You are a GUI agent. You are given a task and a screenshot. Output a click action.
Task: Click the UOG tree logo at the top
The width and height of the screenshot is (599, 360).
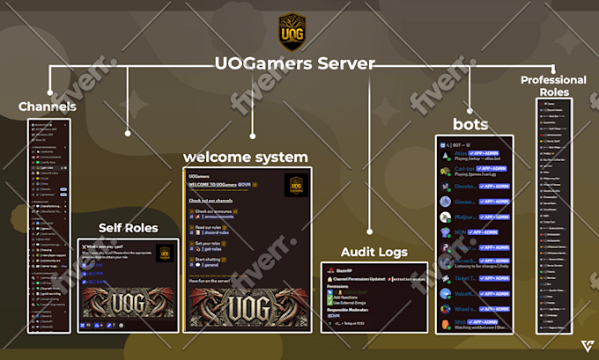click(x=292, y=32)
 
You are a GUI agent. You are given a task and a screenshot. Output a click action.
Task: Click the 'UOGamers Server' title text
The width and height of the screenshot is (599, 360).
click(x=294, y=64)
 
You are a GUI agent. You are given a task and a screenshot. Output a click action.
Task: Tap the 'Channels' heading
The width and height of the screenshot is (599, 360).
click(x=48, y=107)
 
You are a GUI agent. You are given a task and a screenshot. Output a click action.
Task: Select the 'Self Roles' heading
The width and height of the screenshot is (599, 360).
click(x=129, y=228)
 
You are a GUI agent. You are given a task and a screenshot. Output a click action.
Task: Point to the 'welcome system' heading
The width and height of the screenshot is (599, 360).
click(x=246, y=157)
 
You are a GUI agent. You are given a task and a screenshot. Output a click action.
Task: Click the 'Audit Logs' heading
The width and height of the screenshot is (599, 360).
click(x=374, y=252)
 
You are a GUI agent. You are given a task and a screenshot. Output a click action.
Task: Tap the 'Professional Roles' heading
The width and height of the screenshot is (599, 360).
click(x=553, y=85)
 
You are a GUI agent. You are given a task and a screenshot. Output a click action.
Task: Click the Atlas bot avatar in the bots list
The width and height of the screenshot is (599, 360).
click(x=447, y=154)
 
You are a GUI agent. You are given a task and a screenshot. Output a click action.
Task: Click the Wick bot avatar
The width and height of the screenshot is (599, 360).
click(x=447, y=323)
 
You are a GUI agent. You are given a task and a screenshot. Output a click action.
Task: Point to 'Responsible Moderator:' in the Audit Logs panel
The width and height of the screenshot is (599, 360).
click(x=360, y=311)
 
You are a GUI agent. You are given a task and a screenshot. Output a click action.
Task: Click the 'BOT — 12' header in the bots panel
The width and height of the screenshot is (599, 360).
click(x=463, y=143)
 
